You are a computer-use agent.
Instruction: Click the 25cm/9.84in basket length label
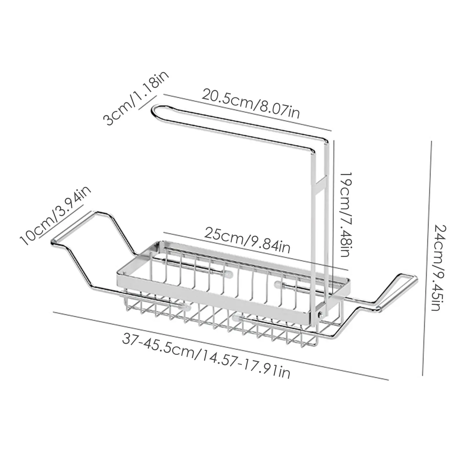coord(247,240)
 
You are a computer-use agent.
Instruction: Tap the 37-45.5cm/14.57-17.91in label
coord(206,355)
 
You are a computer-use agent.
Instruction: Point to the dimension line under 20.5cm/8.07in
coord(248,112)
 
